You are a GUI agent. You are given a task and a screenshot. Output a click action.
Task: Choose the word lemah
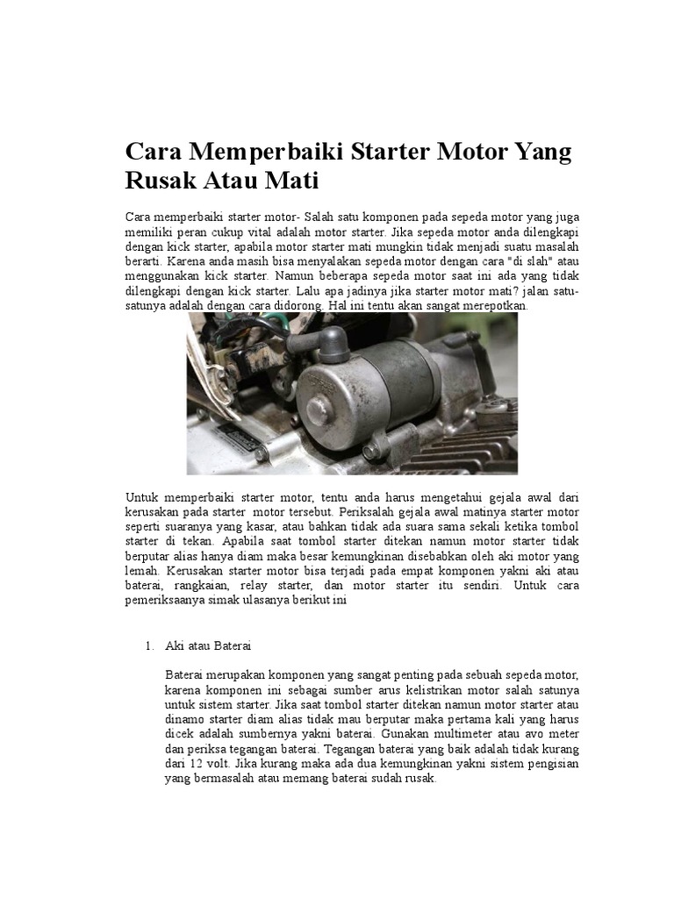tap(146, 569)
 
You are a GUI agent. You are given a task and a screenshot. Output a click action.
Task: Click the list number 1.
tap(148, 646)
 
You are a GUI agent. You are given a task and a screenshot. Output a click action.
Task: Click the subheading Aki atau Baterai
tap(208, 646)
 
